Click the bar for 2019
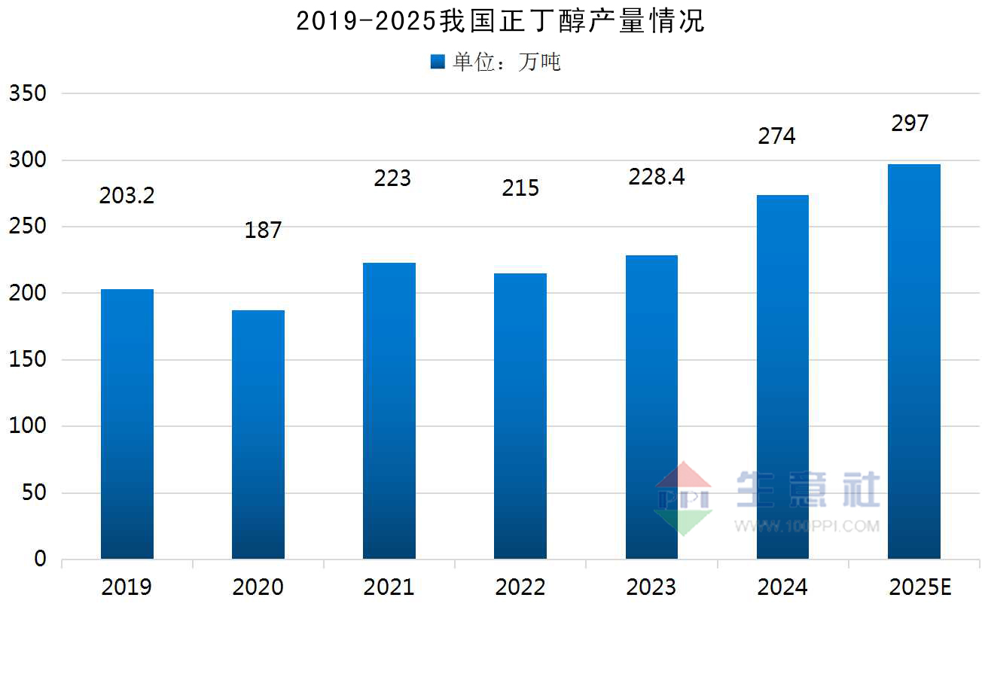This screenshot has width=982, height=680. (127, 423)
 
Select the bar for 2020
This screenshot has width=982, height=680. (258, 434)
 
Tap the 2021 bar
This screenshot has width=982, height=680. (389, 410)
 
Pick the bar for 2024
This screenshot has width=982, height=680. (782, 377)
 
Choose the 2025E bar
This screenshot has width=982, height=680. (913, 361)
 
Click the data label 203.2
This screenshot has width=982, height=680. (127, 196)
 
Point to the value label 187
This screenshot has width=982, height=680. (263, 230)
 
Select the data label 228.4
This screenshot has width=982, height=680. (657, 178)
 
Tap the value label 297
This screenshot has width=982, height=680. (910, 123)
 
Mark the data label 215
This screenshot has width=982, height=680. (521, 188)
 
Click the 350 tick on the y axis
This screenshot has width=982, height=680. (28, 93)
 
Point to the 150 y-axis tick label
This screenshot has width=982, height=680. (28, 359)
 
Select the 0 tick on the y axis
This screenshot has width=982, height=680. (40, 559)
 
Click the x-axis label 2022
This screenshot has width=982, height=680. (520, 587)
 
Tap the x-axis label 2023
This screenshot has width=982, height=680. (651, 587)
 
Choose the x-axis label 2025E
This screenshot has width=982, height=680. (920, 587)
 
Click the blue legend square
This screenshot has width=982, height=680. (438, 63)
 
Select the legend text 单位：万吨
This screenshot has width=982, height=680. (506, 63)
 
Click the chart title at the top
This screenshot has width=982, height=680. (500, 22)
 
